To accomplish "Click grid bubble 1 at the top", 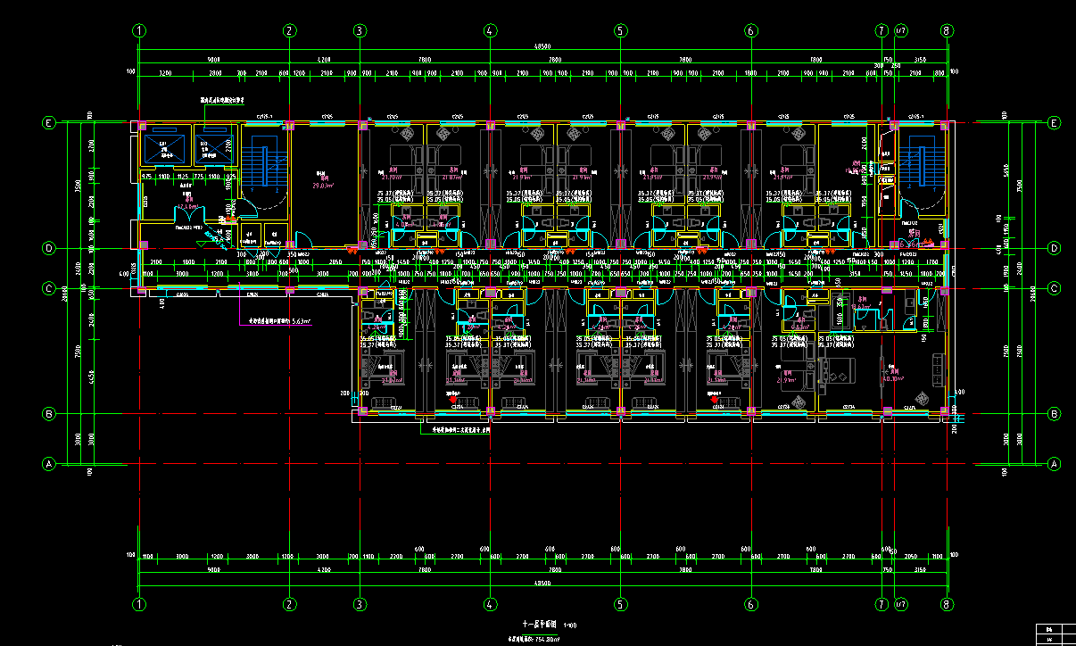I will pyautogui.click(x=139, y=30).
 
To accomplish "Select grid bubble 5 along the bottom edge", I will pyautogui.click(x=620, y=605).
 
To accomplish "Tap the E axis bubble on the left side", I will pyautogui.click(x=50, y=123).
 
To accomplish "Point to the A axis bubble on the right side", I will pyautogui.click(x=1054, y=464).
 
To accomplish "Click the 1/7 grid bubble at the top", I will pyautogui.click(x=901, y=30).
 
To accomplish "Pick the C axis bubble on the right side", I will pyautogui.click(x=1054, y=288).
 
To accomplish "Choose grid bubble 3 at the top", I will pyautogui.click(x=360, y=30).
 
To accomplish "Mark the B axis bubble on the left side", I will pyautogui.click(x=50, y=414).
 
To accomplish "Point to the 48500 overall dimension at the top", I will pyautogui.click(x=542, y=46).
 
